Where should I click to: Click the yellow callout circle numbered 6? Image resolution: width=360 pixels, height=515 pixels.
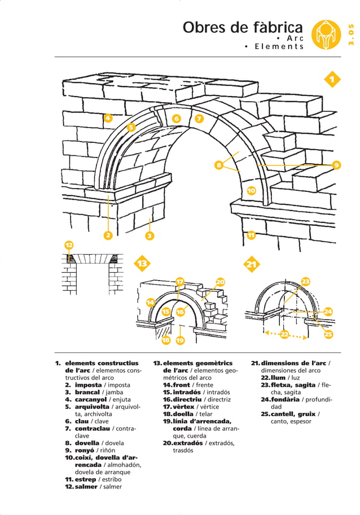(176, 119)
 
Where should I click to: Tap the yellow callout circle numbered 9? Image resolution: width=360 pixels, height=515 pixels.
(336, 165)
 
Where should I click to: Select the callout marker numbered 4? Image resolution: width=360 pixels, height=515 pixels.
(108, 118)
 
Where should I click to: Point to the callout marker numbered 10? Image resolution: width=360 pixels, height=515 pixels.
(251, 191)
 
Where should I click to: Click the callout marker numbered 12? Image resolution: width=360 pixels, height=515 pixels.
(68, 245)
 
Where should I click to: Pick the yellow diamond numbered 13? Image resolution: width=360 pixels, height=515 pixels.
(142, 264)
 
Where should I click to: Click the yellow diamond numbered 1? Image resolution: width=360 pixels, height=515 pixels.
(333, 80)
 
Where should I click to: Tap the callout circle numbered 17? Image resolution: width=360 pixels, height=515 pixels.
(179, 282)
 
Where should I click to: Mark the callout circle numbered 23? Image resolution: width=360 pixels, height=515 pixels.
(305, 281)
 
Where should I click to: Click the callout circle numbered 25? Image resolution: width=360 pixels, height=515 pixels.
(328, 334)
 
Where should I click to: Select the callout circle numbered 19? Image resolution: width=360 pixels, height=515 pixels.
(180, 340)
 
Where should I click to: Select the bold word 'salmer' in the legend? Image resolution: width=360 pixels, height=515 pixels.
(87, 486)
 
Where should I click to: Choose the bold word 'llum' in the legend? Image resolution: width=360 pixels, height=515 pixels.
(278, 377)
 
